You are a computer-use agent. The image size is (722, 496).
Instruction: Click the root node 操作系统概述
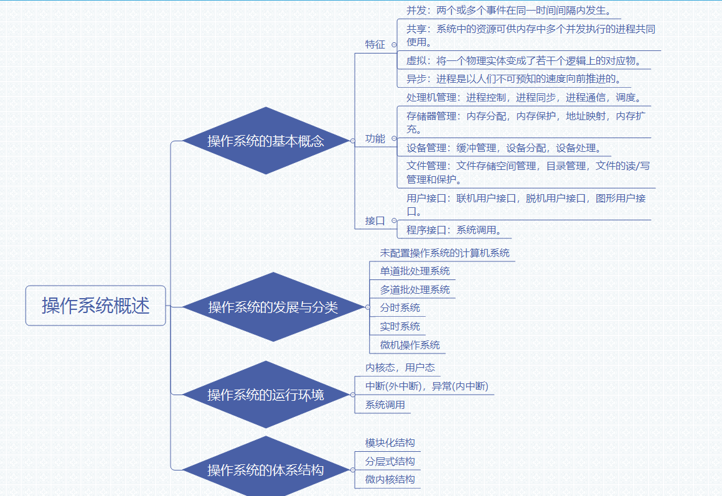coord(96,306)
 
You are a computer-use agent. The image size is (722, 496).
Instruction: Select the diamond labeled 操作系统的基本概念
coord(266,141)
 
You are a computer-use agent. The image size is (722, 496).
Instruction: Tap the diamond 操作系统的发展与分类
coord(273,307)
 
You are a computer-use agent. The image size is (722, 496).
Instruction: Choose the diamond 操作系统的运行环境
coord(266,395)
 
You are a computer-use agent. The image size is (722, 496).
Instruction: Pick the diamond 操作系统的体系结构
coord(266,470)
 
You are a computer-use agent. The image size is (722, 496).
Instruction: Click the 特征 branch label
coord(375,45)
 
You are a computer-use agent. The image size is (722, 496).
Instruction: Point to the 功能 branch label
coord(375,139)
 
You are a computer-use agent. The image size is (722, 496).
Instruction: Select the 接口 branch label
coord(375,220)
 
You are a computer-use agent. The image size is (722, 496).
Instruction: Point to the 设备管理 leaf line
coord(504,148)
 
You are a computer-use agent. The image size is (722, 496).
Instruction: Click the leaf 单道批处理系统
coord(415,271)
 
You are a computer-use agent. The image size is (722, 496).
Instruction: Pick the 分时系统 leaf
coord(400,308)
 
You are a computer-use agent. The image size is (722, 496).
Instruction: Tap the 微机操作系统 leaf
coord(410,345)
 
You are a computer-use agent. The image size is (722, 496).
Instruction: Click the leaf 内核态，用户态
coord(400,368)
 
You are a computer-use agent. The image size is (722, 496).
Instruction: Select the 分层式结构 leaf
coord(390,462)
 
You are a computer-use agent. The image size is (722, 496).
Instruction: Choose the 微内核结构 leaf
coord(390,480)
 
